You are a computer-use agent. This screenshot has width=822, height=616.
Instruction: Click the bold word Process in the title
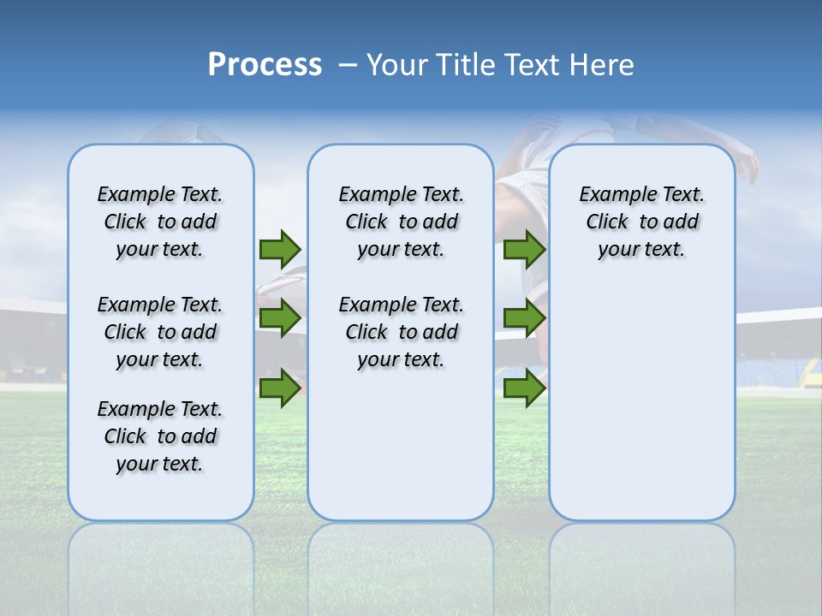tap(265, 65)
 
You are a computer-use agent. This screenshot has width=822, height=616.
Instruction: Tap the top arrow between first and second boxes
tap(279, 249)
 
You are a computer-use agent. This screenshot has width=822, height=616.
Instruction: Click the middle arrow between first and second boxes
tap(279, 318)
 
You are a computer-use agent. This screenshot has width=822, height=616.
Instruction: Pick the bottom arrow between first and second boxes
tap(279, 388)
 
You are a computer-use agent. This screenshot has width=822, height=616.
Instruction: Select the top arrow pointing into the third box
tap(524, 249)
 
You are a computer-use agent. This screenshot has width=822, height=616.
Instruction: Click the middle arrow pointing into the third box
tap(524, 318)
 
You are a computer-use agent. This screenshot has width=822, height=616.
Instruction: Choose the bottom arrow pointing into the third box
tap(524, 388)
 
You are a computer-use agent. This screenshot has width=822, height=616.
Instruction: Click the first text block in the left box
tap(160, 222)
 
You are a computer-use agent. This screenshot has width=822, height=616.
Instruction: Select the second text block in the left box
tap(160, 332)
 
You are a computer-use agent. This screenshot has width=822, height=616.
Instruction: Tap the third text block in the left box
tap(160, 436)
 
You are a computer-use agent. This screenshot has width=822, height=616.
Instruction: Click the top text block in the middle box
tap(401, 222)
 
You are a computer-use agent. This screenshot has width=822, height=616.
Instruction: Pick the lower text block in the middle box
tap(401, 332)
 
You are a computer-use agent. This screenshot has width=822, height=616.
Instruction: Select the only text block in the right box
tap(641, 222)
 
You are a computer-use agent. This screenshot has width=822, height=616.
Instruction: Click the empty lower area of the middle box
tap(401, 445)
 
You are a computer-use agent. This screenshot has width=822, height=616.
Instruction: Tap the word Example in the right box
tap(610, 195)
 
